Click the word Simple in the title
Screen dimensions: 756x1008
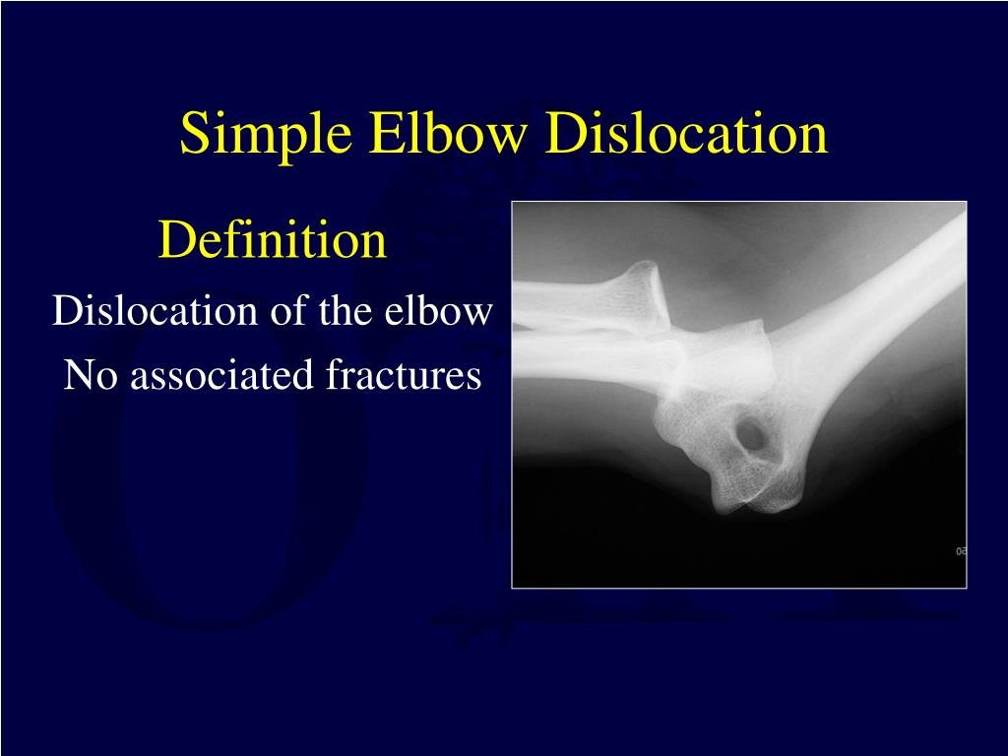[x=266, y=134]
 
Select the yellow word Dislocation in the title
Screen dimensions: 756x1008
[x=687, y=134]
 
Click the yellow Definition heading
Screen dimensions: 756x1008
[x=273, y=241]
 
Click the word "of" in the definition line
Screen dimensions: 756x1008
[x=284, y=311]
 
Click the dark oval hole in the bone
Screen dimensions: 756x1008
[x=753, y=434]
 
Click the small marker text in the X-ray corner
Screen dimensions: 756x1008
[x=959, y=551]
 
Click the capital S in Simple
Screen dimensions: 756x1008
[x=192, y=134]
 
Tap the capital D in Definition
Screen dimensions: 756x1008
[x=173, y=241]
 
